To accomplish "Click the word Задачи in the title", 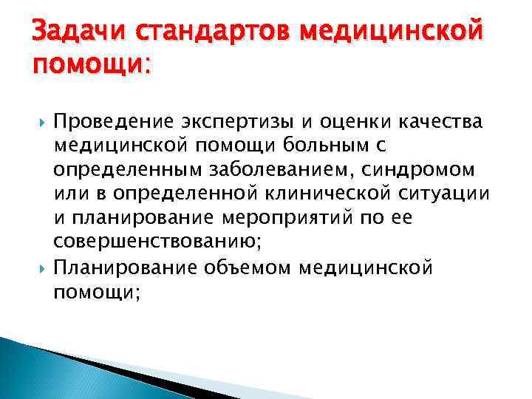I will (x=72, y=33).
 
